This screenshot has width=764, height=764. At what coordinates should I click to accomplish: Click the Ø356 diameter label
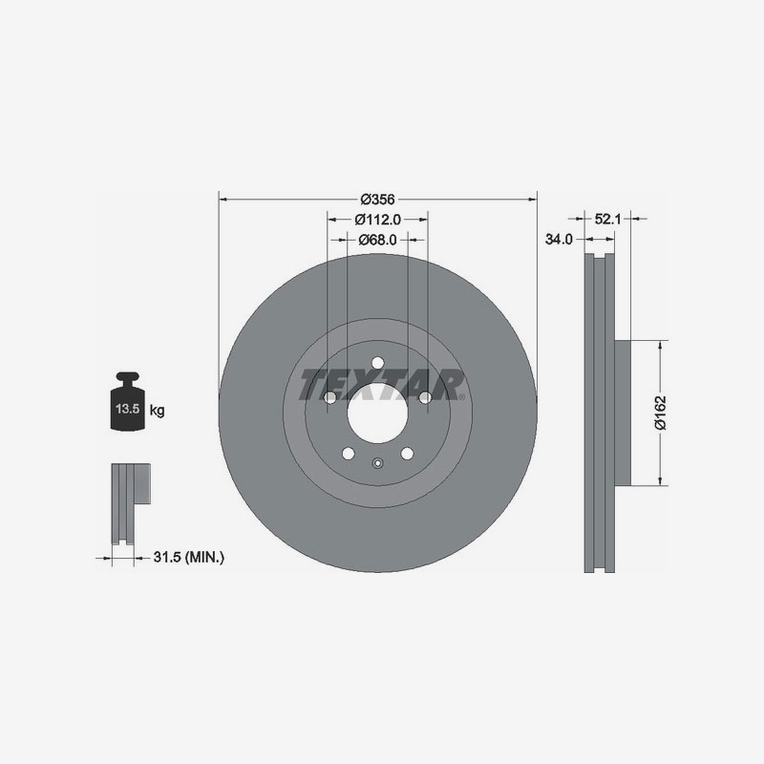coord(377,200)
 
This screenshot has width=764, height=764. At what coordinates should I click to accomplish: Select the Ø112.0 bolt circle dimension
coord(377,220)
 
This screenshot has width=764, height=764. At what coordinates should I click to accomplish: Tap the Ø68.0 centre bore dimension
coord(377,240)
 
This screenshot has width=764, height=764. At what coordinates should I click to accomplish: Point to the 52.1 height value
coord(608,219)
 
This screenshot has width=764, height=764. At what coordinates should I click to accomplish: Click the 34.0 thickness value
coord(559,240)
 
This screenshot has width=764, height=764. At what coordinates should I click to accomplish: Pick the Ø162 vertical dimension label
coord(659,413)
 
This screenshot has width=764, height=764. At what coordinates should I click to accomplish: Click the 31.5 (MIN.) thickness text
coord(188,556)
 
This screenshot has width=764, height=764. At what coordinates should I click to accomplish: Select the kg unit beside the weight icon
coord(158,412)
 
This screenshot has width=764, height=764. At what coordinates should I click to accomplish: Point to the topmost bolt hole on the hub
coord(377,363)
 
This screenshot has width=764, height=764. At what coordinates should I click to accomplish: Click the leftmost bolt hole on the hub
coord(329,397)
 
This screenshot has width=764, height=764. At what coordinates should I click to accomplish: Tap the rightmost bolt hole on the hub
coord(425,397)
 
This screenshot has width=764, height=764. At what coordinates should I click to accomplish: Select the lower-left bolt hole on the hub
coord(348,453)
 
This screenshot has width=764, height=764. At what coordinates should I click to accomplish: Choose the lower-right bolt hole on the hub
coord(407,453)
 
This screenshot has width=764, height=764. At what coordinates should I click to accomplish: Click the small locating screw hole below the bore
coord(377,465)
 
